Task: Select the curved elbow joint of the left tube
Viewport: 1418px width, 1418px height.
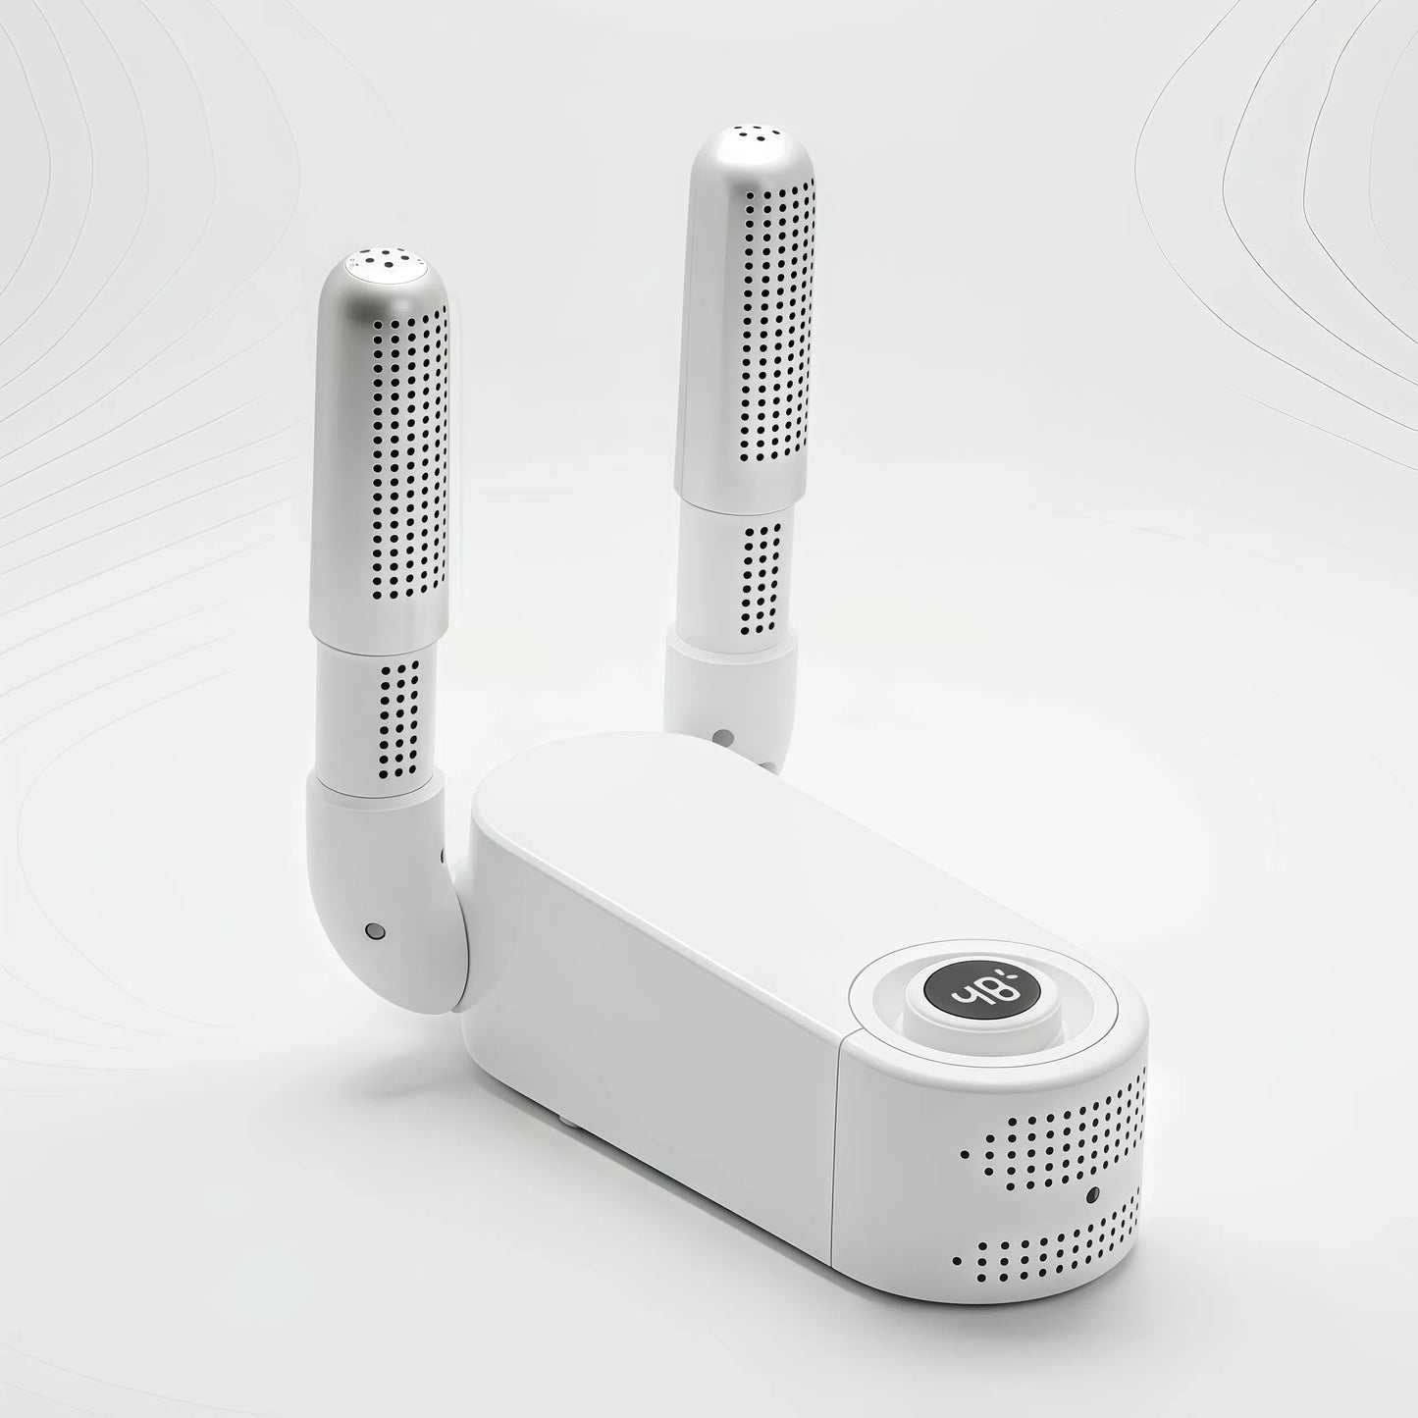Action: point(393,913)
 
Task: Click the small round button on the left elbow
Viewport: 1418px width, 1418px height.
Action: point(372,928)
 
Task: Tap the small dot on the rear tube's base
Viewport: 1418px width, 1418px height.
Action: point(723,735)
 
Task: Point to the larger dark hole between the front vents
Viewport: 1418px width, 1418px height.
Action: point(1091,1194)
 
